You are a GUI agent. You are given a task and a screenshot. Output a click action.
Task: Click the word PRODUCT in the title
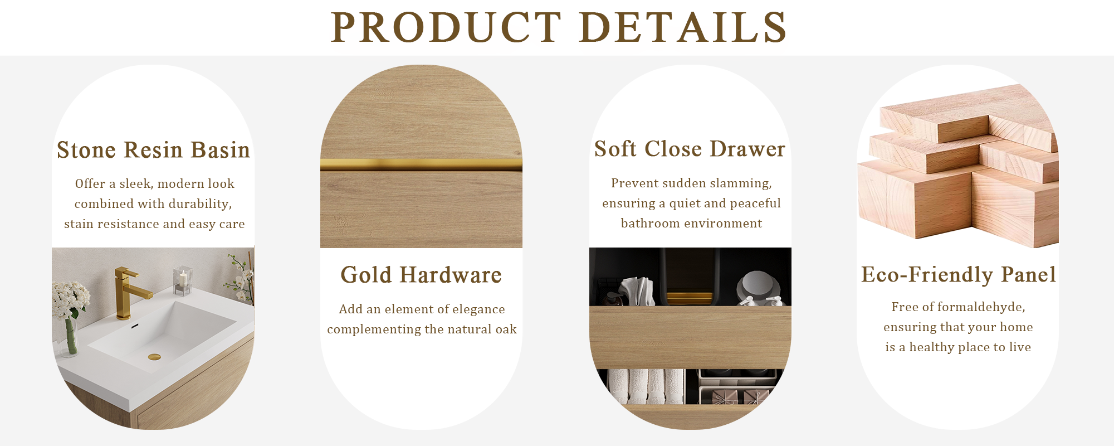click(x=446, y=27)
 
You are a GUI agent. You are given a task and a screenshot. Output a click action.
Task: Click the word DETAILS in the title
click(x=683, y=27)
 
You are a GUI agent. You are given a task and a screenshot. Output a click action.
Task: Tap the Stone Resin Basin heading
click(x=153, y=150)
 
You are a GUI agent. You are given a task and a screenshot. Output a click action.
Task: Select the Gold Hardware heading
click(x=421, y=275)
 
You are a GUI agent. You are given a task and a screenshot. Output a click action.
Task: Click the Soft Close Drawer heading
click(x=690, y=149)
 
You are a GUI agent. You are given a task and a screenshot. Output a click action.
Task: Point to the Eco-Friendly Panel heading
click(x=958, y=274)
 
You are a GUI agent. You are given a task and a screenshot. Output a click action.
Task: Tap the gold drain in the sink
click(x=154, y=357)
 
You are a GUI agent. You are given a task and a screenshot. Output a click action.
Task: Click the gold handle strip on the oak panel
click(x=421, y=164)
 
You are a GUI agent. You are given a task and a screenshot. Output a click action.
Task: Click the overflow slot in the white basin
click(x=134, y=326)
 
